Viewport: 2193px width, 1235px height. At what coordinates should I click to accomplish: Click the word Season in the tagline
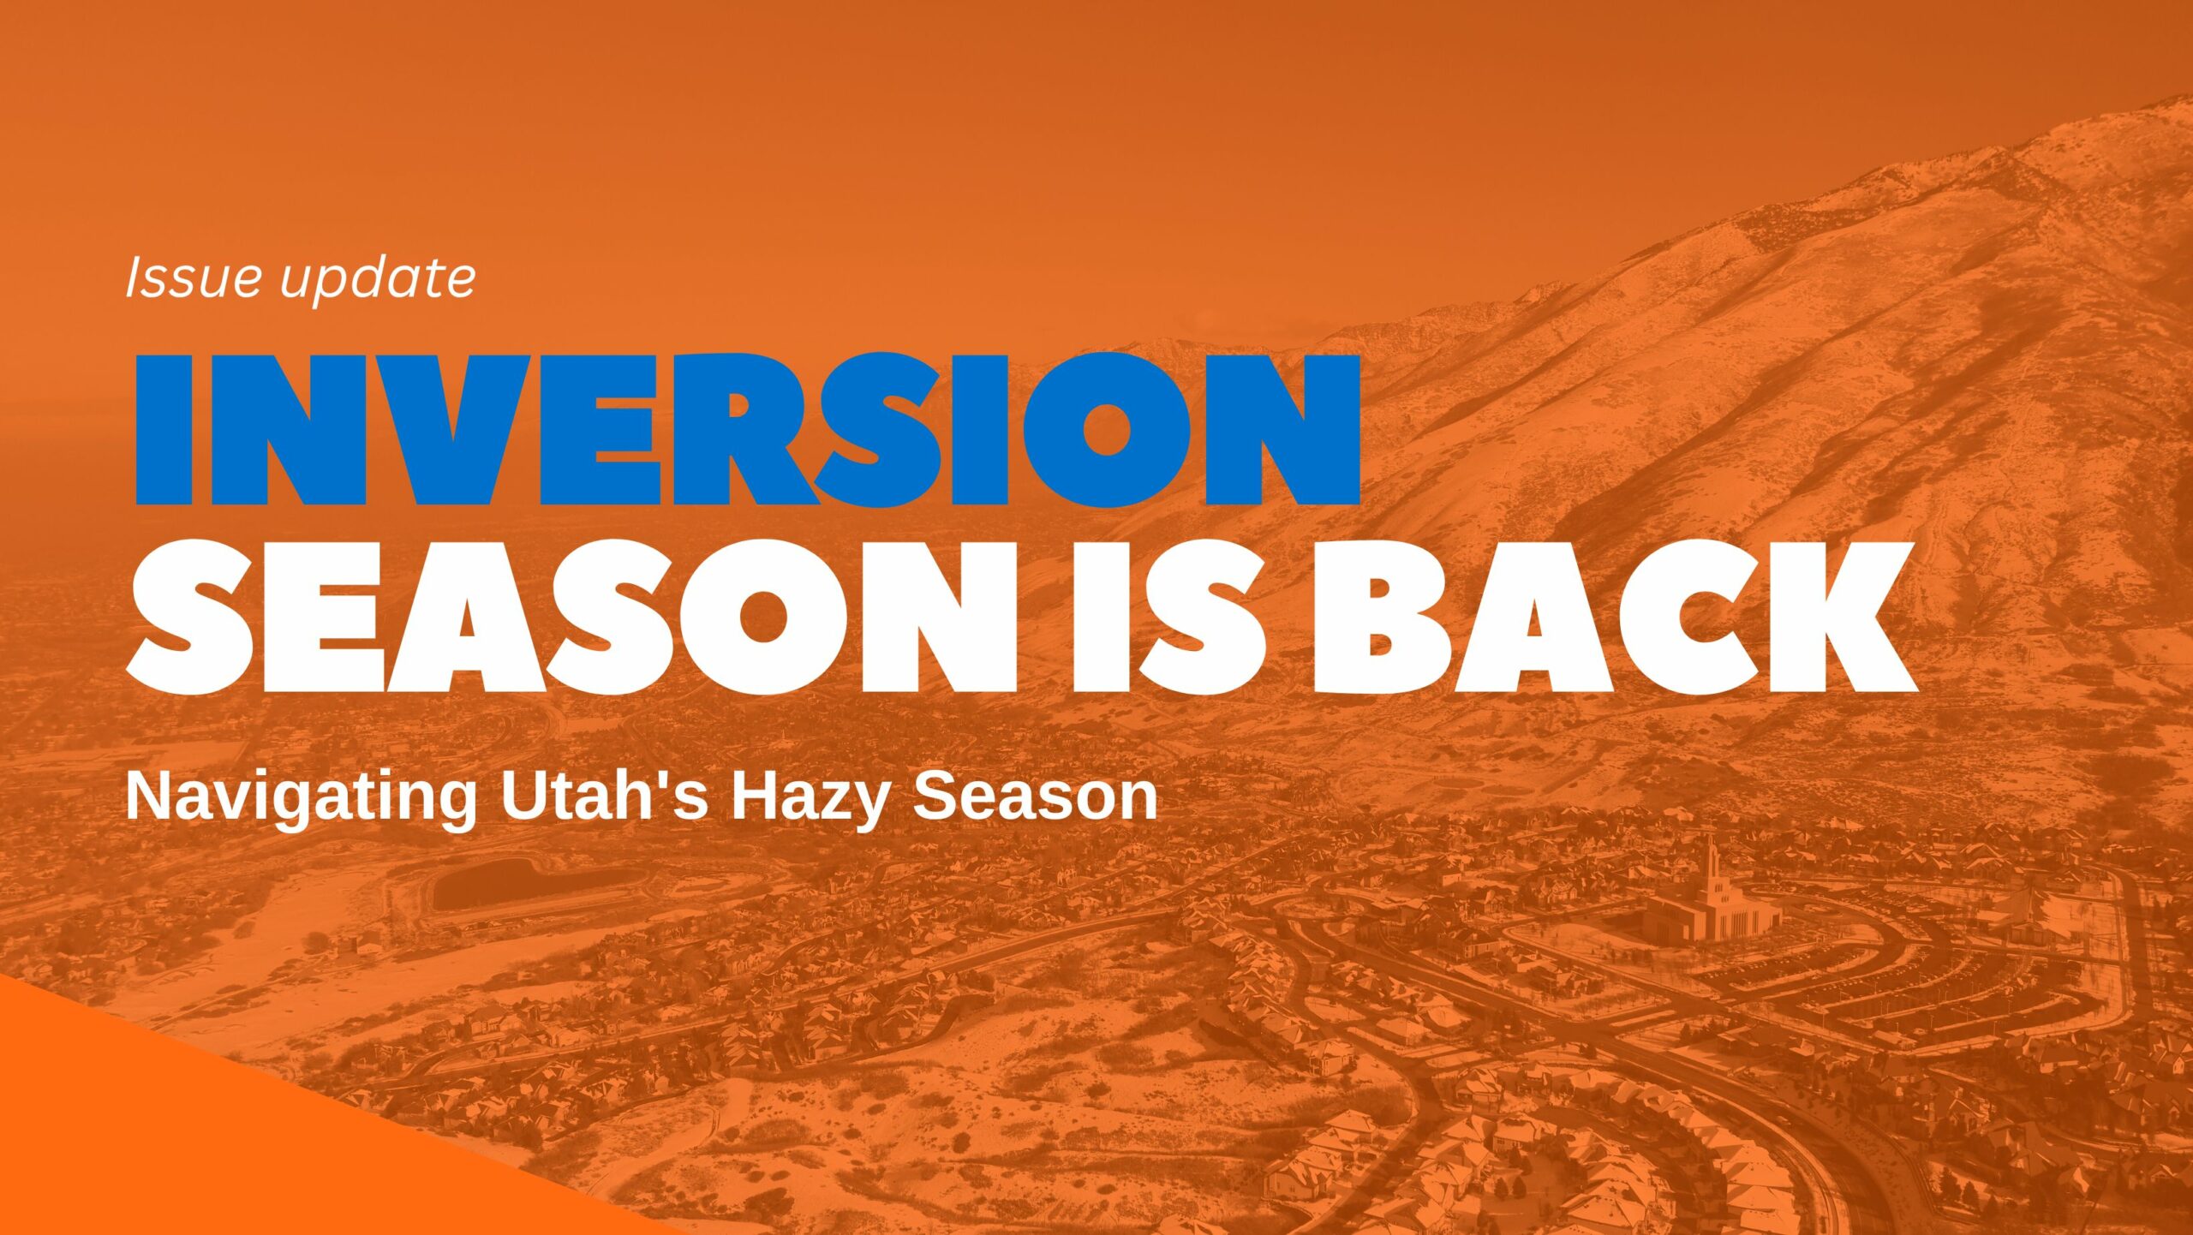[x=1035, y=796]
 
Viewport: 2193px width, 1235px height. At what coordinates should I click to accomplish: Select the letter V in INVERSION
[x=445, y=428]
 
